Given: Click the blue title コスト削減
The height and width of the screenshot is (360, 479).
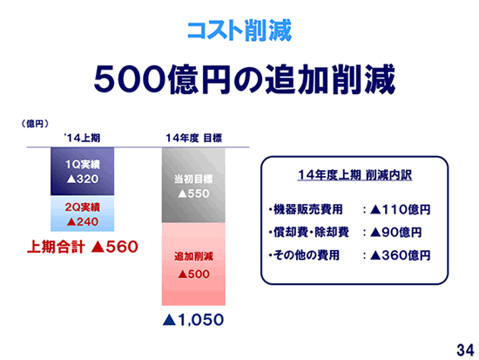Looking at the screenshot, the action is coord(239,31).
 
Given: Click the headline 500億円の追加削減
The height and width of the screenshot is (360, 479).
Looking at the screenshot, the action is coord(245,79).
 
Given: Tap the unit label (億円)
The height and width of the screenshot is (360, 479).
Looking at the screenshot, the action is coord(35,124).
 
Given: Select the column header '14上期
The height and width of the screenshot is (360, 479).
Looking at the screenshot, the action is coord(82,138).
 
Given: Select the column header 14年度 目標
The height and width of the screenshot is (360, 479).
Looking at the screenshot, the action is coord(193,138).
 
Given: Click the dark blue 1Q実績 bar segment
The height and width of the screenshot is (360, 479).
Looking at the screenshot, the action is coord(83,171).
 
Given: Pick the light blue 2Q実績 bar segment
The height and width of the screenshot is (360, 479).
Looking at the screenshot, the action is coord(83,214).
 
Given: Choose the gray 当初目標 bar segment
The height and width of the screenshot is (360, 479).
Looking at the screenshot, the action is coord(193,186).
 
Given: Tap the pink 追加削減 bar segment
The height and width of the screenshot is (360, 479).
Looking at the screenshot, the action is coord(193,264).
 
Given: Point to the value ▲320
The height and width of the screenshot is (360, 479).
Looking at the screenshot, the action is coord(83,179).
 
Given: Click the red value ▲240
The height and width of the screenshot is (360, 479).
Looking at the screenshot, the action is coord(83,221).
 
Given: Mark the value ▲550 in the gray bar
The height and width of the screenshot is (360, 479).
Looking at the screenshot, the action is coord(193,194).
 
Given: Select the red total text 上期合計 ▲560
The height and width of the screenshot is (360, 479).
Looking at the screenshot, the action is coord(83,247).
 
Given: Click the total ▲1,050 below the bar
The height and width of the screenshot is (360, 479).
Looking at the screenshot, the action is coord(193,320).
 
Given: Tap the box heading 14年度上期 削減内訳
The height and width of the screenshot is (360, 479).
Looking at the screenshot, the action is coord(354,175).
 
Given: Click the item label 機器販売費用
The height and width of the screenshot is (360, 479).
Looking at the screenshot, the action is coord(308,209).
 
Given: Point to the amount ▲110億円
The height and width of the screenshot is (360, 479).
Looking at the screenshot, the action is coord(401,209).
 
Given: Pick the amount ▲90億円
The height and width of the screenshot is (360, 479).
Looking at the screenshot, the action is coord(396,233).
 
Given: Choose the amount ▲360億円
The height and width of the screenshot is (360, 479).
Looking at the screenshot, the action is coord(401,255).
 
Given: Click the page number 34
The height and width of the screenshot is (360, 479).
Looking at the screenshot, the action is coord(466,350).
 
